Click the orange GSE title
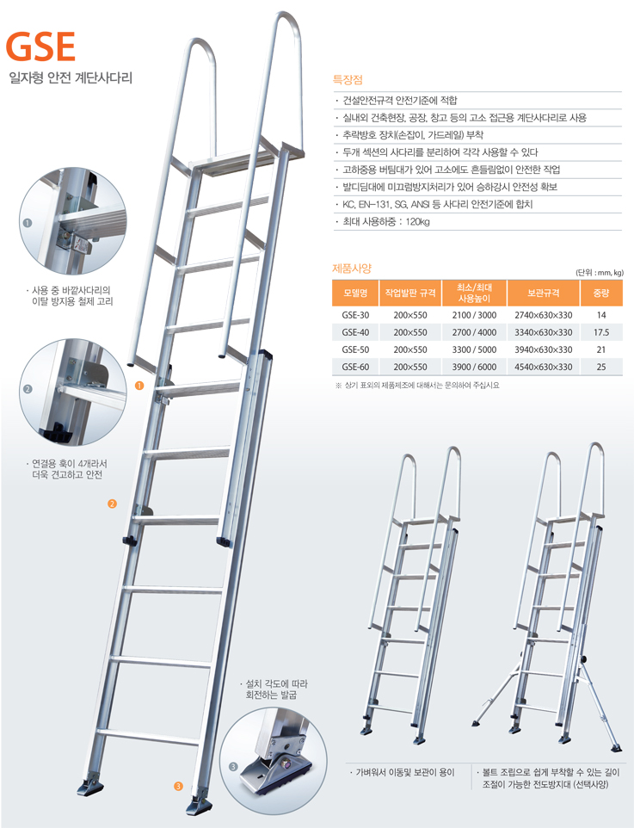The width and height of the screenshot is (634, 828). (40, 46)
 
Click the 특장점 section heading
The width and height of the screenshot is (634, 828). (348, 80)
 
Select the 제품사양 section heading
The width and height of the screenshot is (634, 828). (352, 269)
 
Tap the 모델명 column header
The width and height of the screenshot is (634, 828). (355, 294)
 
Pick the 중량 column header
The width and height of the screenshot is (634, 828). (601, 294)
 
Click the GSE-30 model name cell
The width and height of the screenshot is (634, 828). (355, 315)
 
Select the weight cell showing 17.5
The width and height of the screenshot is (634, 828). (601, 332)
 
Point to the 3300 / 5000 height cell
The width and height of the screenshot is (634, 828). (474, 349)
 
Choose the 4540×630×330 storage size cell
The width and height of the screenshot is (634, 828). (543, 367)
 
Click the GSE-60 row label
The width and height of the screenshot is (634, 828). (355, 367)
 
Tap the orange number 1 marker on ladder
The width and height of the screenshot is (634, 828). (139, 386)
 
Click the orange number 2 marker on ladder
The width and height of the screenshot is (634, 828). (112, 504)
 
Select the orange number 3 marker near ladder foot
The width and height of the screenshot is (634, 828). (178, 787)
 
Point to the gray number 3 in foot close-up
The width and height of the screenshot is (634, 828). (233, 767)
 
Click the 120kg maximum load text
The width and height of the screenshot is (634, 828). (417, 222)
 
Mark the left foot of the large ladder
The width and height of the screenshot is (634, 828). (90, 786)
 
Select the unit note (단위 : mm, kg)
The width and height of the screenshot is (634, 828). (599, 273)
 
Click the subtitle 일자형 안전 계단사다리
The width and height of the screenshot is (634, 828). (71, 78)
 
